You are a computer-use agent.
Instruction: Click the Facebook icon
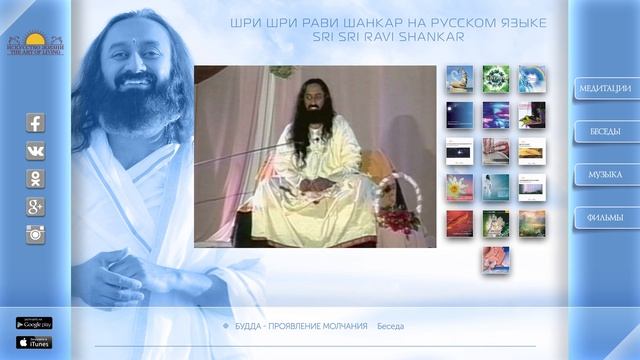[x=35, y=123]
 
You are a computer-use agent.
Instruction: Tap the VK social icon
[x=35, y=151]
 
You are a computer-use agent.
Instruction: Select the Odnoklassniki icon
[x=35, y=179]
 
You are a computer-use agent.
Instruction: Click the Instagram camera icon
[x=35, y=234]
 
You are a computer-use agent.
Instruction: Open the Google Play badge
[x=34, y=323]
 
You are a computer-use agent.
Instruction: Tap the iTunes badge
[x=34, y=342]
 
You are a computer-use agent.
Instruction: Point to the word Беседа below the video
[x=390, y=326]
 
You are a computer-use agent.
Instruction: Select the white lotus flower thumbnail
[x=459, y=187]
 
